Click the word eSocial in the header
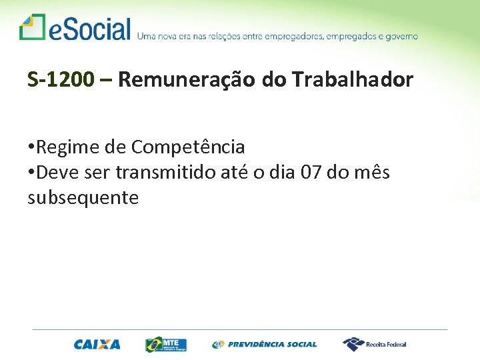point(89,29)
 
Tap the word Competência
point(188,147)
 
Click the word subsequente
point(83,197)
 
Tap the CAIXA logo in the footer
point(97,345)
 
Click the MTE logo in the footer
point(166,344)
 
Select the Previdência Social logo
point(265,345)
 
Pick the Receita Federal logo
point(374,344)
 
